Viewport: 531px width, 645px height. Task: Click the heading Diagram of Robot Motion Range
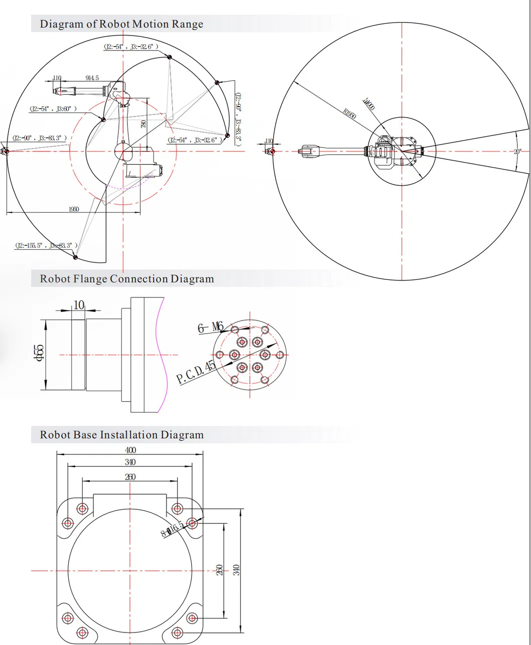click(121, 24)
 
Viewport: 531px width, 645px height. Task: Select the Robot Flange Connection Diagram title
click(127, 279)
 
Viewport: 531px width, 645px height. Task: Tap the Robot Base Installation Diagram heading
click(122, 435)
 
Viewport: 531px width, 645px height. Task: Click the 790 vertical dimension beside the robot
click(143, 124)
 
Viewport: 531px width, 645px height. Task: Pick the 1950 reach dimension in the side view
click(74, 209)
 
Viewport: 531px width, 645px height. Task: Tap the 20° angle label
click(517, 151)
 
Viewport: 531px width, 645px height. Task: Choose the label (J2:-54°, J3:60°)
click(53, 109)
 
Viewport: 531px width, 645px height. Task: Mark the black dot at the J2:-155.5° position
click(76, 257)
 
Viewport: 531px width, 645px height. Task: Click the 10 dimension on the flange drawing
click(78, 305)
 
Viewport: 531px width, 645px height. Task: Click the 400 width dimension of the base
click(130, 450)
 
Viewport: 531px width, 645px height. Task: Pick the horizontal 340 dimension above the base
click(130, 462)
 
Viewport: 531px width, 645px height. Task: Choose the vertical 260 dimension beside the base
click(219, 570)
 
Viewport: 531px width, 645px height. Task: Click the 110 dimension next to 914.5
click(57, 78)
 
